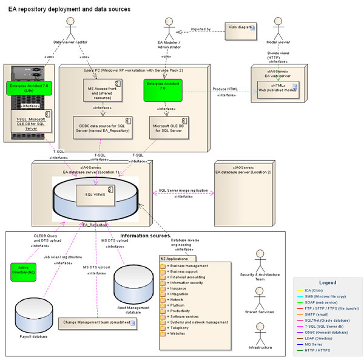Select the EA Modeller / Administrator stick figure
point(169,27)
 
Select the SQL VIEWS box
point(96,194)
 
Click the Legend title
point(327,283)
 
